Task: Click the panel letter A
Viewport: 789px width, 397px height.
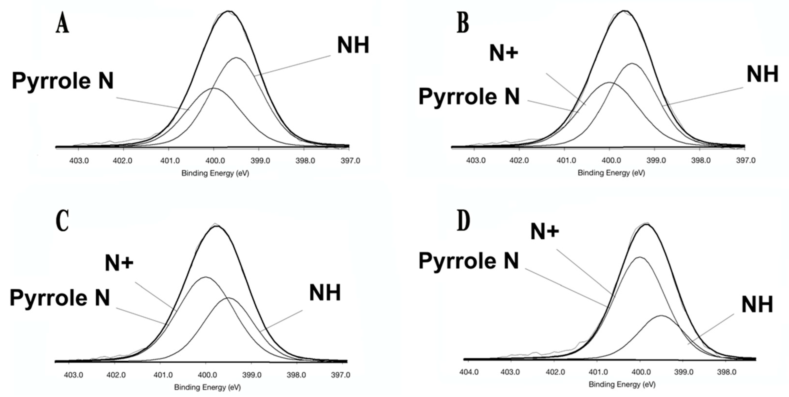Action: pyautogui.click(x=63, y=23)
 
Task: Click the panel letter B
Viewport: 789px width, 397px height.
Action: pyautogui.click(x=463, y=23)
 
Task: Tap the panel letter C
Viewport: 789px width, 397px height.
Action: pyautogui.click(x=63, y=221)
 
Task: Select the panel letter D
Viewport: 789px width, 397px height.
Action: pyautogui.click(x=464, y=221)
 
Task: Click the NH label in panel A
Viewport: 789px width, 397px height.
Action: pyautogui.click(x=353, y=45)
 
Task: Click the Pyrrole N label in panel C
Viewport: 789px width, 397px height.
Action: pyautogui.click(x=60, y=298)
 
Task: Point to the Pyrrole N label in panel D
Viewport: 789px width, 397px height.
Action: pyautogui.click(x=469, y=261)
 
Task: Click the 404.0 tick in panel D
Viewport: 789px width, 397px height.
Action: pyautogui.click(x=469, y=372)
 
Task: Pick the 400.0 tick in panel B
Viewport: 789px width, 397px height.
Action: pyautogui.click(x=610, y=161)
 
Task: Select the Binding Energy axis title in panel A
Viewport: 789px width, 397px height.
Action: pyautogui.click(x=215, y=173)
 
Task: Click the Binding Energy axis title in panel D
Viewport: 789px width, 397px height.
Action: pyautogui.click(x=622, y=384)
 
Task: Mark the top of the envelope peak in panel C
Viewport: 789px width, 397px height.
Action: pyautogui.click(x=217, y=226)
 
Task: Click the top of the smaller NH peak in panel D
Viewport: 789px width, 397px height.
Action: pyautogui.click(x=661, y=315)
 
